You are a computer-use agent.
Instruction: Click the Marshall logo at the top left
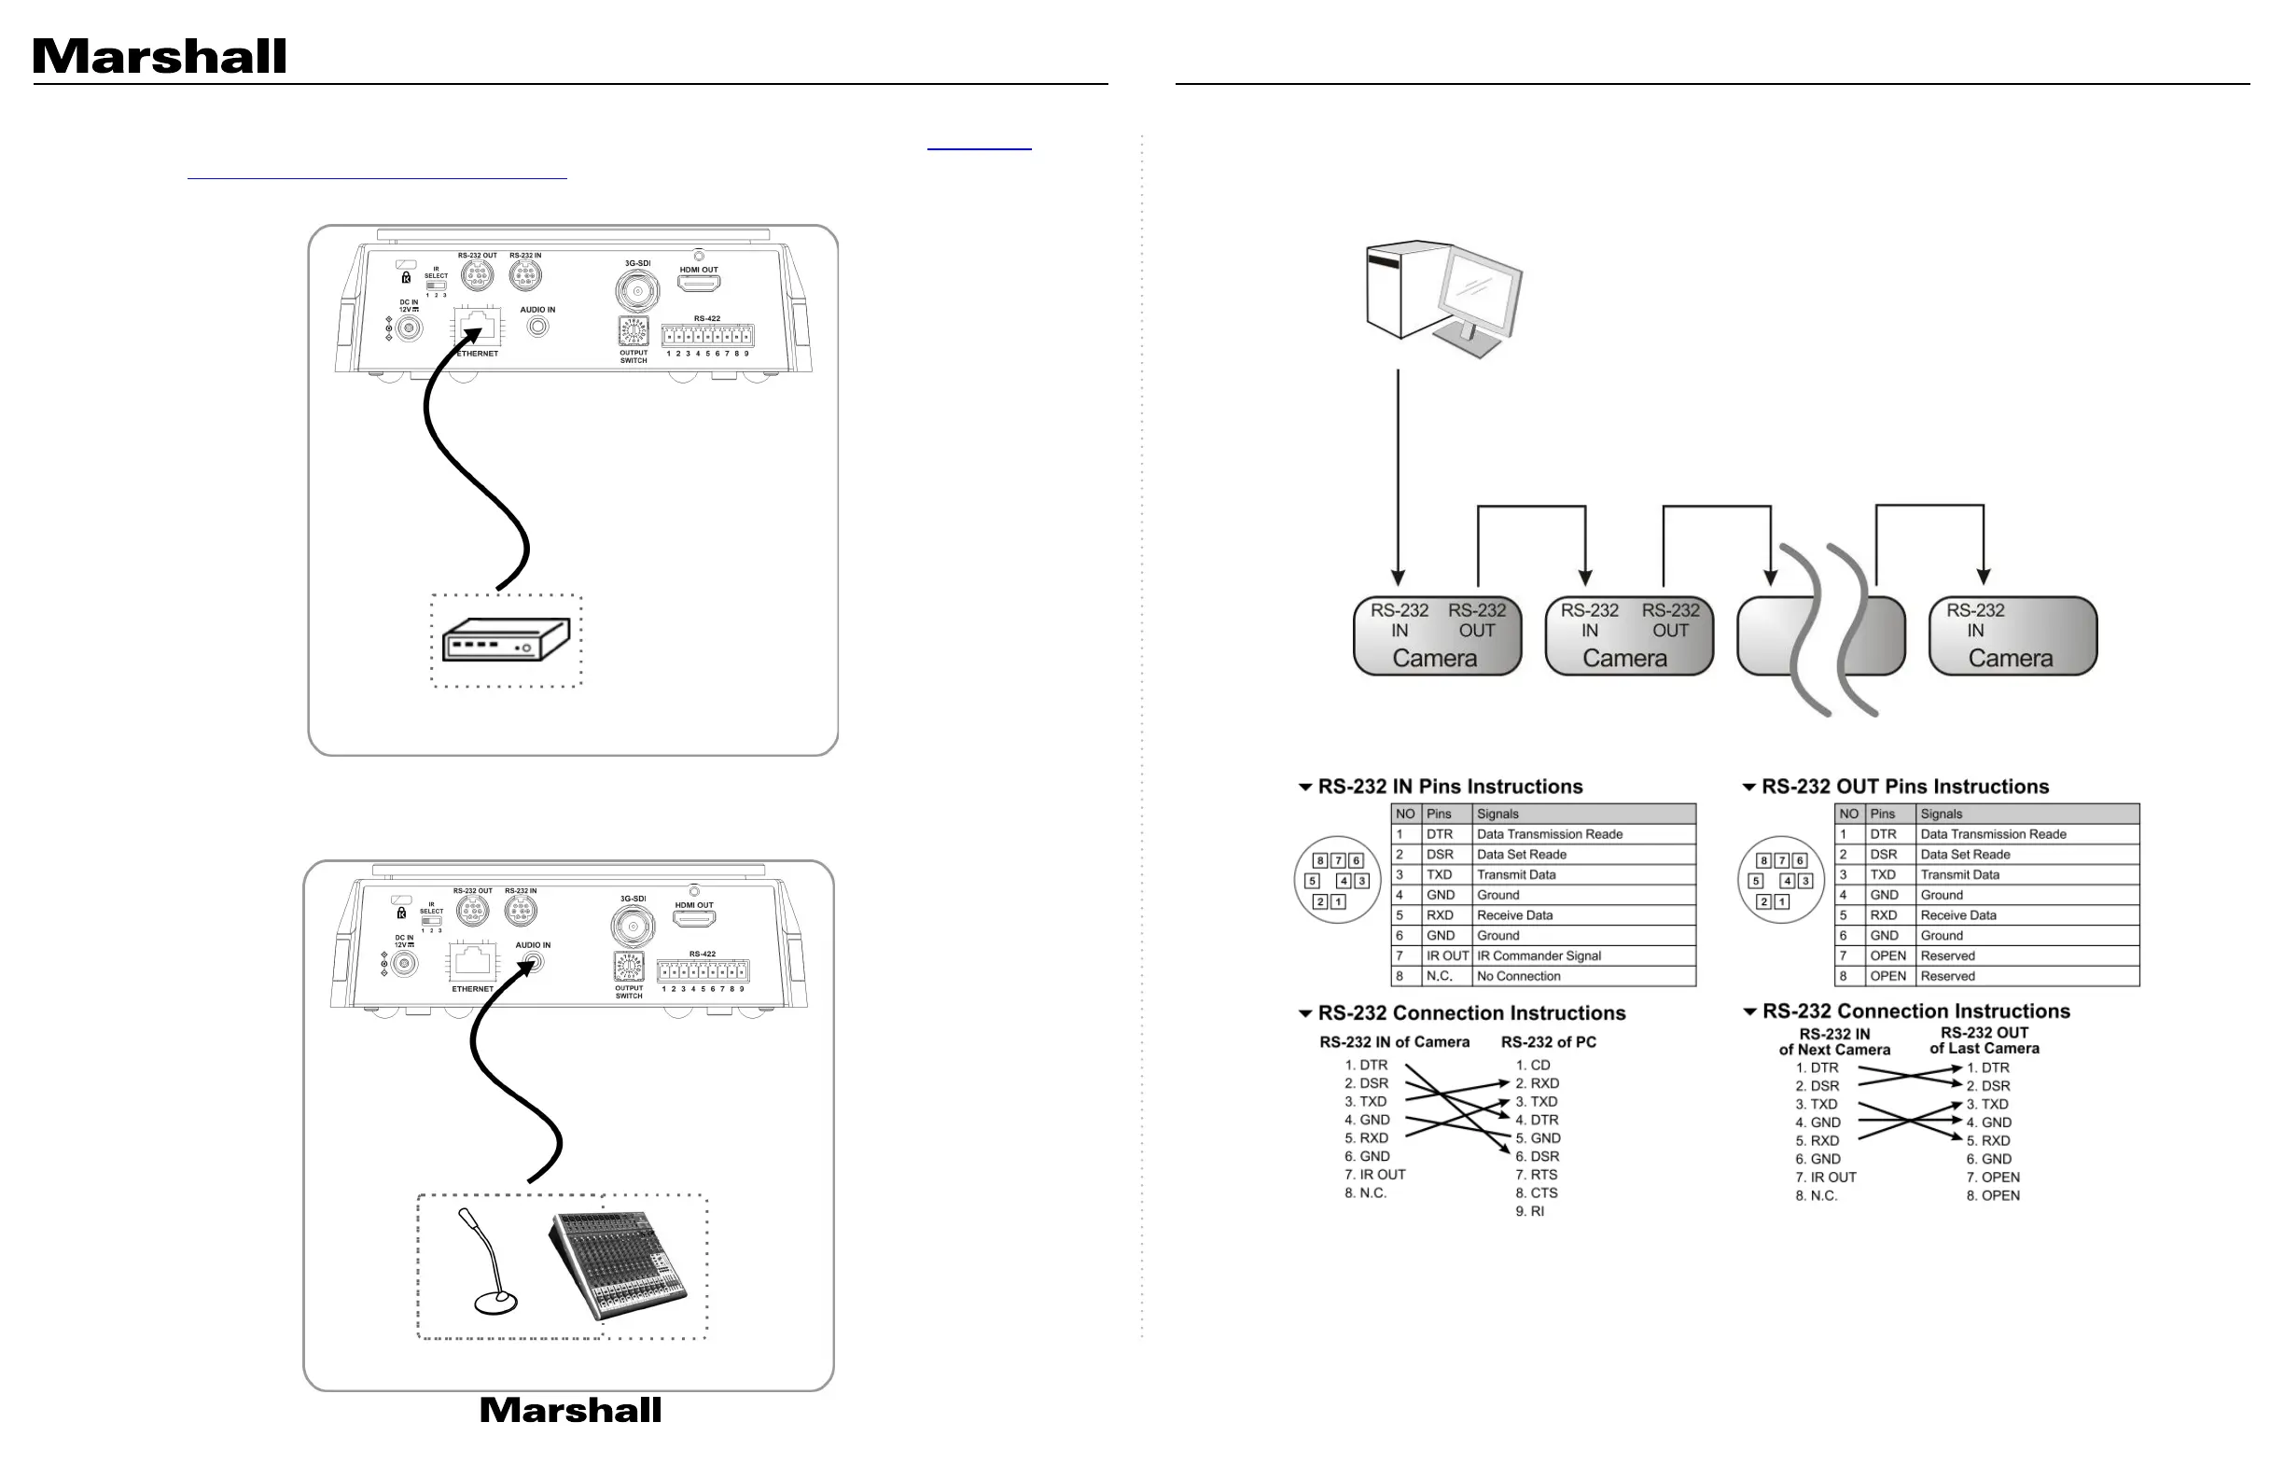160,57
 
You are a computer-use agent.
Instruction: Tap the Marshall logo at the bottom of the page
570,1410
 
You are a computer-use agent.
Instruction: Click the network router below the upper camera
506,639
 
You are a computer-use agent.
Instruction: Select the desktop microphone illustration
491,1262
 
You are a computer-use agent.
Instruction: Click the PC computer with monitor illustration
1443,299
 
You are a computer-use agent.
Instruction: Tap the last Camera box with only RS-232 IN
2012,636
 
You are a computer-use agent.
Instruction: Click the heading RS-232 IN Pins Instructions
1449,787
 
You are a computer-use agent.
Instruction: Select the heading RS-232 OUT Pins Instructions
1904,787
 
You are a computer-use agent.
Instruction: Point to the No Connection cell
1518,976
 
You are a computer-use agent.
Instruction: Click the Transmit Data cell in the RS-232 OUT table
1959,875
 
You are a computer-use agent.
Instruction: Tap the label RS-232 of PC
1548,1042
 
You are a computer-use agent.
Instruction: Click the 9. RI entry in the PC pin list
1530,1211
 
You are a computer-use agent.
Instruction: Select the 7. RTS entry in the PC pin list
1537,1175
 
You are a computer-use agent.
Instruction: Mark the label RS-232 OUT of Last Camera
1985,1041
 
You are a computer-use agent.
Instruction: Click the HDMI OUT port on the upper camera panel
699,283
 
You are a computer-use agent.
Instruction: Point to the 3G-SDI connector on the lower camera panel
633,927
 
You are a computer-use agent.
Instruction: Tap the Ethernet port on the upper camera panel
477,327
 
